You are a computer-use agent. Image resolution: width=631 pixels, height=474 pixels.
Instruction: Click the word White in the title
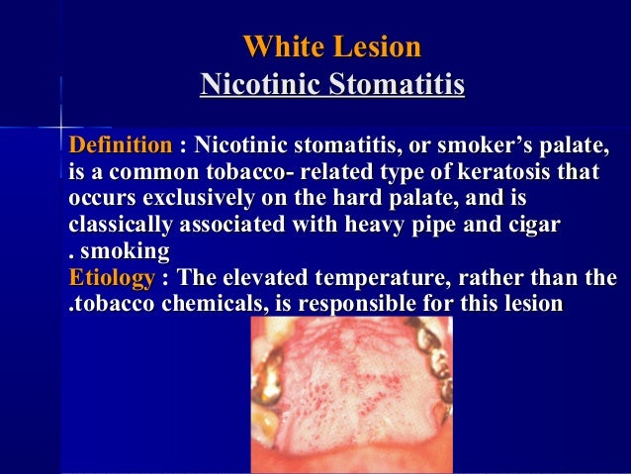(278, 47)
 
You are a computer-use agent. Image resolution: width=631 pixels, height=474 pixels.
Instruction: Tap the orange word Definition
(120, 147)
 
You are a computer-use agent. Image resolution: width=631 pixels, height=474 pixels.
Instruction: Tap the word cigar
(533, 225)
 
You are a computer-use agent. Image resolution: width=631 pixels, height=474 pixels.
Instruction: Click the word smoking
(128, 250)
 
